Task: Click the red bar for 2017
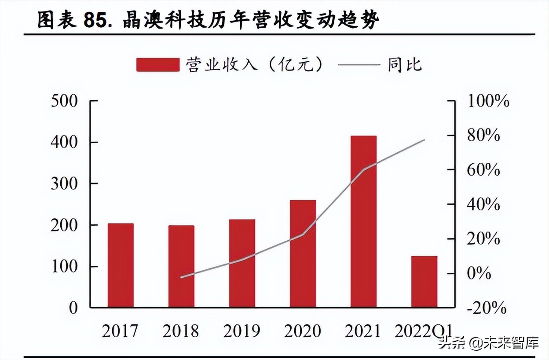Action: pyautogui.click(x=121, y=265)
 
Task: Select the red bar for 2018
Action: pyautogui.click(x=181, y=266)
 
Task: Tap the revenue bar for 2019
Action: pyautogui.click(x=242, y=263)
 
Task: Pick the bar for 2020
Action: pyautogui.click(x=303, y=253)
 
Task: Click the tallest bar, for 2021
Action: pyautogui.click(x=363, y=221)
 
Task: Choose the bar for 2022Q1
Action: pyautogui.click(x=424, y=282)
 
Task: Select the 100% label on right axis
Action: pyautogui.click(x=488, y=101)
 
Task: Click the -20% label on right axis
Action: pyautogui.click(x=486, y=308)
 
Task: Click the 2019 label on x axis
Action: pyautogui.click(x=242, y=331)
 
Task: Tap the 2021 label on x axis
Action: pyautogui.click(x=363, y=331)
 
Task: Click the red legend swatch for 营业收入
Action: pyautogui.click(x=158, y=65)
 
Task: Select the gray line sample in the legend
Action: pyautogui.click(x=359, y=65)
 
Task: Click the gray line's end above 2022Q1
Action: pyautogui.click(x=425, y=140)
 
